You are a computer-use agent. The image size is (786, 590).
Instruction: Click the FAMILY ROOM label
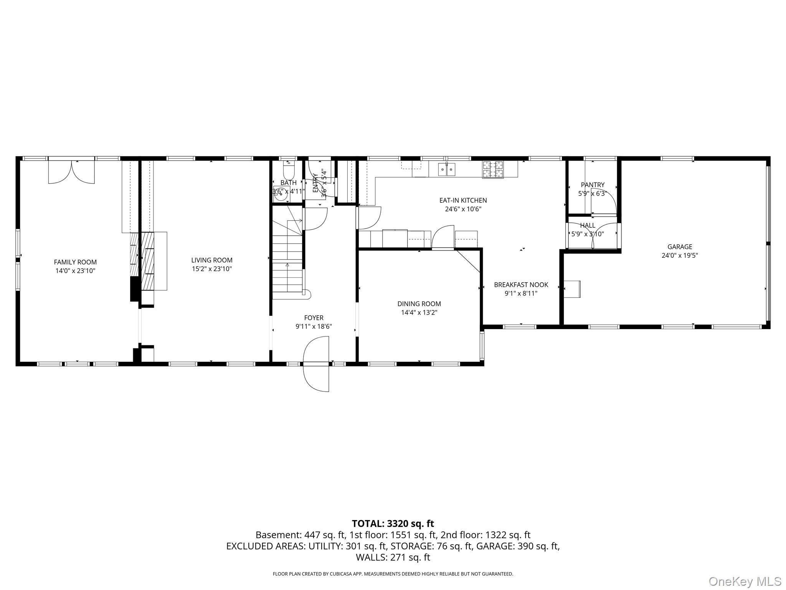pos(75,262)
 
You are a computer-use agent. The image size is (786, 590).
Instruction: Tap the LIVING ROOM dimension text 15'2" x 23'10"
pos(212,269)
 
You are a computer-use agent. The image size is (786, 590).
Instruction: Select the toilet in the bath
pos(288,169)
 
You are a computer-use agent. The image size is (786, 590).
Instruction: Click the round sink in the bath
pos(281,194)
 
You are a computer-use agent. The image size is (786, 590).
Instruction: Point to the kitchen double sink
pos(447,169)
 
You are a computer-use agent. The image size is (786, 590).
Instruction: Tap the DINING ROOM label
pos(419,304)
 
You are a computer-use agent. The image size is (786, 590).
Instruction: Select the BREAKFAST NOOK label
pos(521,285)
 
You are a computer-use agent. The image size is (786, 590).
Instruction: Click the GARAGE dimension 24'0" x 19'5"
pos(679,255)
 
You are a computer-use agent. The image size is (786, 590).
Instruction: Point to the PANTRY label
pos(592,185)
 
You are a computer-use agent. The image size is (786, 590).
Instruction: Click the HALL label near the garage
pos(588,225)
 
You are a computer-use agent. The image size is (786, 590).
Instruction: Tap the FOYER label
pos(314,318)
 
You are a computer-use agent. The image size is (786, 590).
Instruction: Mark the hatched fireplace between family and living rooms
pos(147,261)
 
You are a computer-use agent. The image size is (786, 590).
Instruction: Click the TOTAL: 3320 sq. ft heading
pos(393,524)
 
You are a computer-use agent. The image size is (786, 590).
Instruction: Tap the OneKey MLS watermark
pos(745,581)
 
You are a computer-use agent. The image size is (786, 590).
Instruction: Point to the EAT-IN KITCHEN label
pos(463,200)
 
